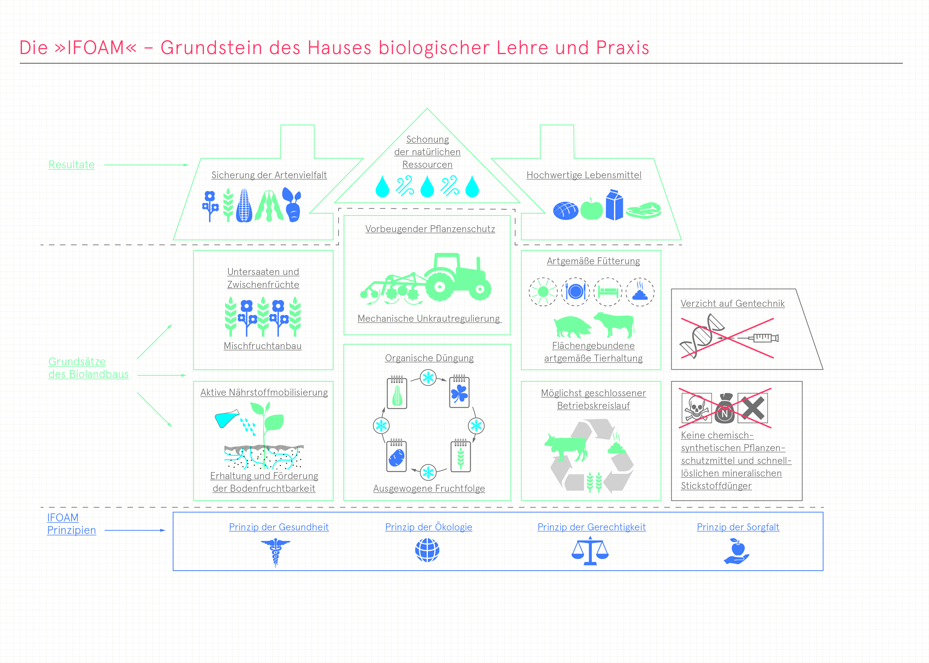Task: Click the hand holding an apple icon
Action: click(x=737, y=551)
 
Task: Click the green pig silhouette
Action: click(x=572, y=327)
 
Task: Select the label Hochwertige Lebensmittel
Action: click(x=584, y=175)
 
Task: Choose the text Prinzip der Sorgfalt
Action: click(x=738, y=527)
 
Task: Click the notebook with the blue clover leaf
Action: click(x=459, y=392)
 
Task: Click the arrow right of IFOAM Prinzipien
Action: click(x=135, y=530)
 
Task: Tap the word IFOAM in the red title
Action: click(x=96, y=48)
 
